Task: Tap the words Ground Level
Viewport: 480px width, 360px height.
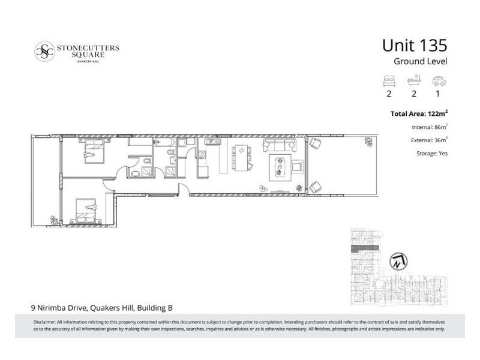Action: coord(421,62)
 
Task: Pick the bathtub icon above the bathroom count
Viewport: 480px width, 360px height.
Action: coord(413,80)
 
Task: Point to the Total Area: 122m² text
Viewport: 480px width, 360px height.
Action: coord(418,113)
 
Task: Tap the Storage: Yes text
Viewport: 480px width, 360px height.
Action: coord(431,153)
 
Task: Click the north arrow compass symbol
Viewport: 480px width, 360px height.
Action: coord(397,261)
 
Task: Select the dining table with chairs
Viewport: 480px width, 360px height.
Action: coord(242,157)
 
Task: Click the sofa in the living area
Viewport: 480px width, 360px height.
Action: coord(281,145)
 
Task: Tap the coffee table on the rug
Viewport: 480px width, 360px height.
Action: coord(279,164)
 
